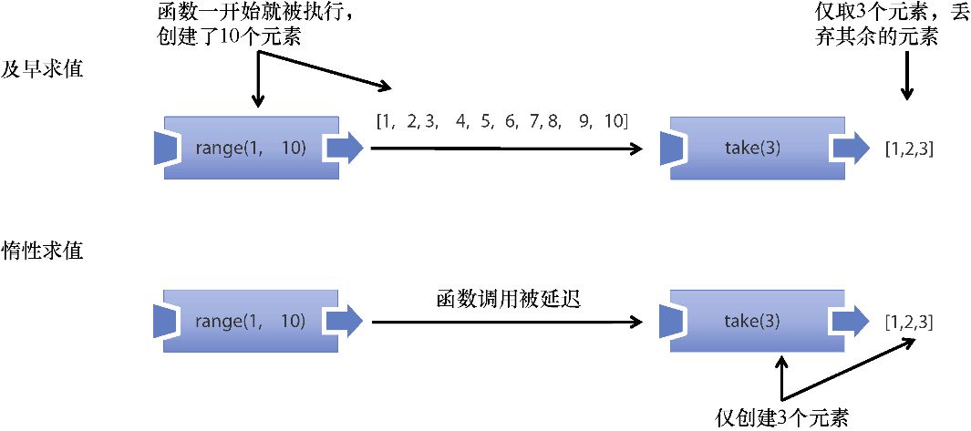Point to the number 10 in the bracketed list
point(613,120)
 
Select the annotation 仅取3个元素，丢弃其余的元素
point(880,26)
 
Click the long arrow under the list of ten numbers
point(501,149)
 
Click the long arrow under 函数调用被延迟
point(501,321)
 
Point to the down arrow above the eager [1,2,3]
point(906,77)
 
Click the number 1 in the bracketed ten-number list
point(386,120)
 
